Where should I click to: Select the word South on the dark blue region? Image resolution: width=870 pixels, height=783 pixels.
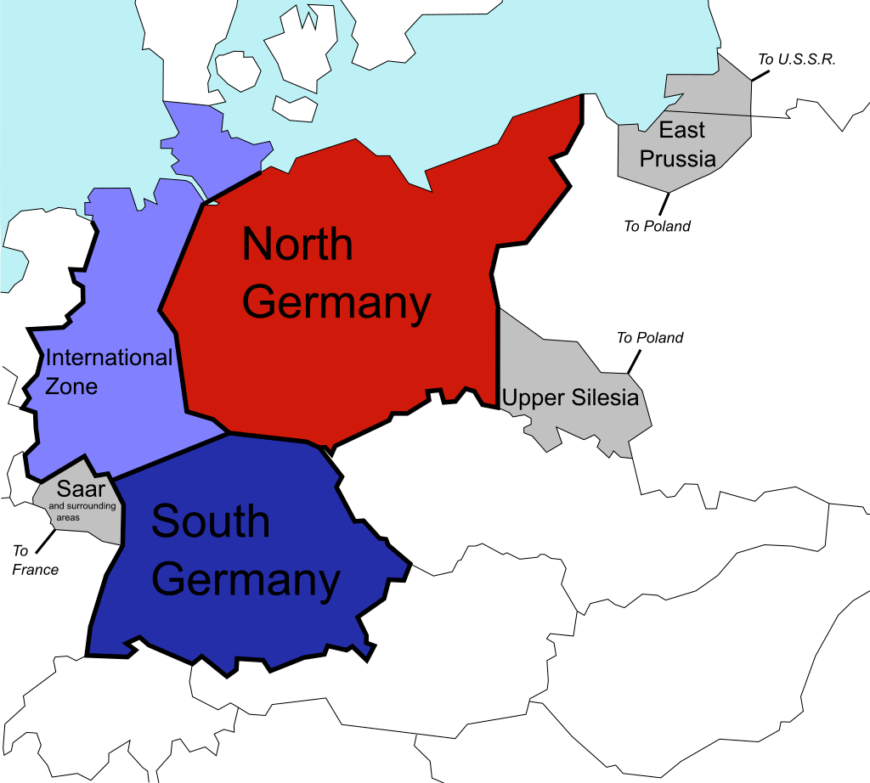coord(211,521)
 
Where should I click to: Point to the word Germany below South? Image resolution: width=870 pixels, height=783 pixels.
coord(248,581)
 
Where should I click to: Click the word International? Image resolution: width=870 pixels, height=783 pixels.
coord(109,358)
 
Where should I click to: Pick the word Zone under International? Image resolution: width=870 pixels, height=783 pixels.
coord(71,387)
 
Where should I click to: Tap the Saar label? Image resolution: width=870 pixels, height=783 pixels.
coord(81,489)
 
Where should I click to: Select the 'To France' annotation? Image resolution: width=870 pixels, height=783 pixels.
coord(36,561)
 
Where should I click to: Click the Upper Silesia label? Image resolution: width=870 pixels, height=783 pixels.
coord(570,397)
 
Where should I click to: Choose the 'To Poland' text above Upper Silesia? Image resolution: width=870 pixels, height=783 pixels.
coord(650,338)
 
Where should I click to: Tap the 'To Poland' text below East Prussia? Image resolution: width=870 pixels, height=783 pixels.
coord(658,226)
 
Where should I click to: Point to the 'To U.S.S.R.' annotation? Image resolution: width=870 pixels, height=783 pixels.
coord(797,59)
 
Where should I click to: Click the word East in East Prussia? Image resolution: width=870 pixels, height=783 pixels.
coord(682,130)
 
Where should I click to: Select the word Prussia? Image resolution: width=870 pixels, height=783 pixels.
coord(678,159)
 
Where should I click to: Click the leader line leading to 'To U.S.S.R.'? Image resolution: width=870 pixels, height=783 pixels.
coord(761,74)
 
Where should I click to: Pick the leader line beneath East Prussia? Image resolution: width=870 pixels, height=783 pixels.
coord(663,203)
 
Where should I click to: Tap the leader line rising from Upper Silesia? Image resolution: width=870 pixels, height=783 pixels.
coord(633,362)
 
